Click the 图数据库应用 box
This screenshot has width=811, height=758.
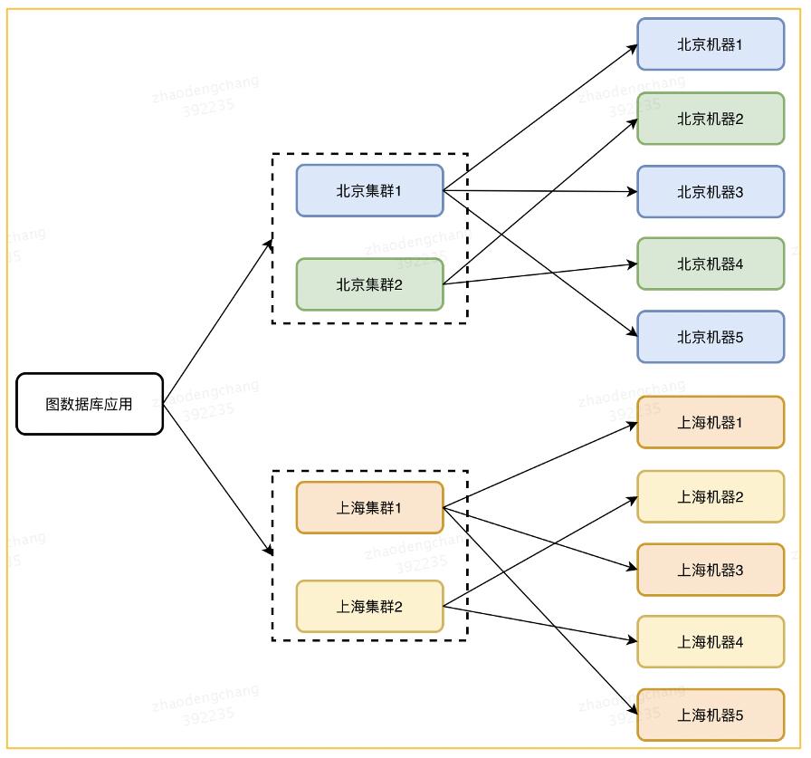[x=90, y=404]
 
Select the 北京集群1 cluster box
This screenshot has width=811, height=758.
[x=369, y=191]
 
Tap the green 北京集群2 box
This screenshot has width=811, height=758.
[x=369, y=284]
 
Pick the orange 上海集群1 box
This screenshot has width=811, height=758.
[x=369, y=508]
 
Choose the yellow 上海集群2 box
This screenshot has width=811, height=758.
[x=369, y=606]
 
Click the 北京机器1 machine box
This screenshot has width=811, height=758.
[x=711, y=43]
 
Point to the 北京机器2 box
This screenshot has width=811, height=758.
[x=711, y=118]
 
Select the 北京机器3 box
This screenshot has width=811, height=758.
[x=711, y=192]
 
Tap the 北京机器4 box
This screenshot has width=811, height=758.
[x=711, y=264]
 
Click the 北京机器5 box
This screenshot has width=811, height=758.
[x=711, y=337]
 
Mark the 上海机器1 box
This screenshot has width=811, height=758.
[x=711, y=422]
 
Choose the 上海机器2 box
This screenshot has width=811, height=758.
[x=711, y=496]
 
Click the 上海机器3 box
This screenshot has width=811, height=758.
[x=711, y=570]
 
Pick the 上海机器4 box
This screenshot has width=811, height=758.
[x=711, y=642]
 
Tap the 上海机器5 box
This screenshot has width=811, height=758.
[x=711, y=715]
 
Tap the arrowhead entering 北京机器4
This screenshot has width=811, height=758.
[x=632, y=264]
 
